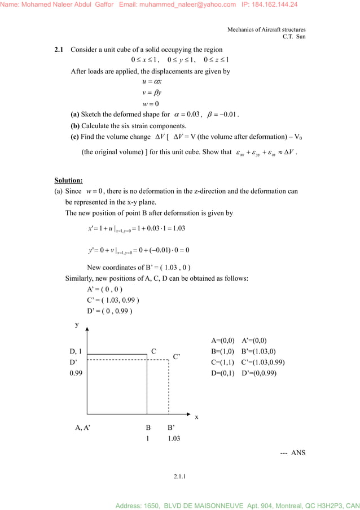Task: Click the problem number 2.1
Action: click(59, 50)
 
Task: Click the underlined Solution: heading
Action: click(68, 181)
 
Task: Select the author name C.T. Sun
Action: click(294, 37)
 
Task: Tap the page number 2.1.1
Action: click(180, 477)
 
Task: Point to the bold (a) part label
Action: click(75, 115)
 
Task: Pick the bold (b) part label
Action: click(75, 126)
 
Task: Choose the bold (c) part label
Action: click(75, 137)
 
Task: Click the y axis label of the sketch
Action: click(77, 325)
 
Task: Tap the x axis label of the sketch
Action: click(196, 417)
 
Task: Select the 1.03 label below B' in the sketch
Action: click(174, 438)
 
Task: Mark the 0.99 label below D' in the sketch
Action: click(76, 373)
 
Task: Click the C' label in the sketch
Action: click(177, 357)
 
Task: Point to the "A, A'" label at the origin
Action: click(82, 428)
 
